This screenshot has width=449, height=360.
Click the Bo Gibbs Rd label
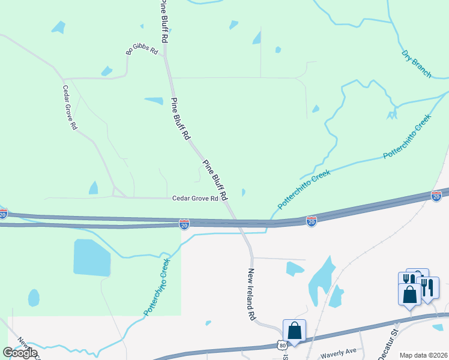point(142,48)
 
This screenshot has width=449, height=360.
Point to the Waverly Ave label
point(339,351)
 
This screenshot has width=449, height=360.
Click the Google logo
point(20,352)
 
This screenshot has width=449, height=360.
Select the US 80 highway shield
point(282,346)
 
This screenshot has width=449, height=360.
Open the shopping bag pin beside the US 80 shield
point(294,331)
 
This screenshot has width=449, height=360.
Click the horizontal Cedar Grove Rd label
point(195,199)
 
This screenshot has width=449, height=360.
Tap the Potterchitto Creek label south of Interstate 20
point(157,287)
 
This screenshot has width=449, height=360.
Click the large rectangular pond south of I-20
point(92,257)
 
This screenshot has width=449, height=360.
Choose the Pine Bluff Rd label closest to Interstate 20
point(215,180)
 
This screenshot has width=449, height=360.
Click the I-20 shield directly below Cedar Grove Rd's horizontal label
point(184,224)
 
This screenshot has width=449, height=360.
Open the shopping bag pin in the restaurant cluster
point(411,294)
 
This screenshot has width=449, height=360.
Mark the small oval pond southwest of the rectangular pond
point(34,298)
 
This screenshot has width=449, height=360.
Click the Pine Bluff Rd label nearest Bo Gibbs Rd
point(164,21)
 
